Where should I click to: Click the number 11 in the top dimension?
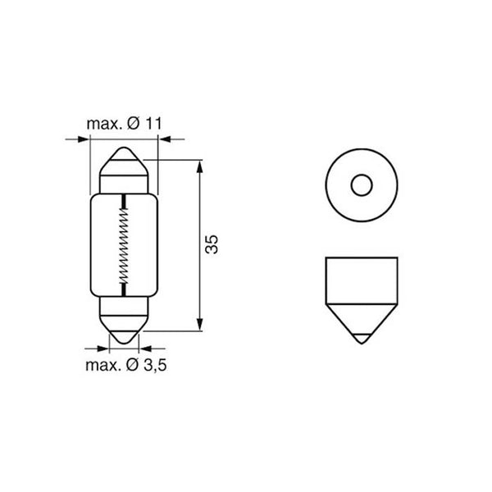pyautogui.click(x=157, y=124)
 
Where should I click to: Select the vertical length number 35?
pyautogui.click(x=212, y=244)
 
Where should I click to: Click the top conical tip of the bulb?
pyautogui.click(x=123, y=154)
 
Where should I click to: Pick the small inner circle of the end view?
pyautogui.click(x=362, y=186)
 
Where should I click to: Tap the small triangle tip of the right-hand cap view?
pyautogui.click(x=361, y=337)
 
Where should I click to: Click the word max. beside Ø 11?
pyautogui.click(x=102, y=124)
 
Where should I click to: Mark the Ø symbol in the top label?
pyautogui.click(x=134, y=124)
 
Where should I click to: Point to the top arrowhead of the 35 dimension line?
pyautogui.click(x=200, y=165)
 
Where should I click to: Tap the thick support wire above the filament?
pyautogui.click(x=123, y=202)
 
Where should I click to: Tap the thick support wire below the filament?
pyautogui.click(x=123, y=289)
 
